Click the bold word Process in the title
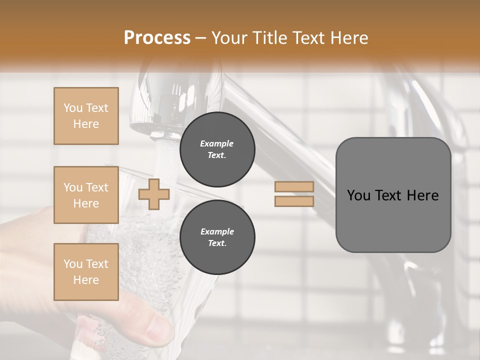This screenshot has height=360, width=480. (x=157, y=38)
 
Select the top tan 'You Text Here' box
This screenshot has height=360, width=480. (x=86, y=116)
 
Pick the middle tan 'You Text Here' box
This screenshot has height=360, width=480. (x=86, y=195)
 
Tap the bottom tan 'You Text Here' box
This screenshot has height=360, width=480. (x=86, y=271)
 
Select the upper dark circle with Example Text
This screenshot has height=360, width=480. (x=217, y=149)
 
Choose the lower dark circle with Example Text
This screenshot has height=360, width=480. (x=217, y=237)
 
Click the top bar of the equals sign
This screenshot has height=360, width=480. (x=294, y=187)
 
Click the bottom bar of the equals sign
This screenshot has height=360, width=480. (x=294, y=201)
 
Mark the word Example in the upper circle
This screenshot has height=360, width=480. (x=217, y=143)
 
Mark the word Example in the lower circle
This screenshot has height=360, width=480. (x=217, y=231)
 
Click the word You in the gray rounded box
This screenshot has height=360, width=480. (x=358, y=195)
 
